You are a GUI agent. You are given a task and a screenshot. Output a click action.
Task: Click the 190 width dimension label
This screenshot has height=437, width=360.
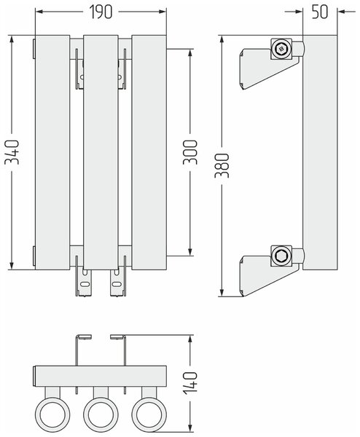[101, 12]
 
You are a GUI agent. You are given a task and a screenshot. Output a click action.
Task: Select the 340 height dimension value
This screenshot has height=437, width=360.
[12, 152]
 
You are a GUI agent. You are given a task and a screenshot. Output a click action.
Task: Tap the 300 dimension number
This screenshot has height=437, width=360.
[190, 152]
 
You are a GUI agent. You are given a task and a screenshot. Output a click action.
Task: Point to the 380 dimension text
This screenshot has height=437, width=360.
[222, 165]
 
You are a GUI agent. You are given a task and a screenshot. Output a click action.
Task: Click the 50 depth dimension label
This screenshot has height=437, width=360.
[320, 12]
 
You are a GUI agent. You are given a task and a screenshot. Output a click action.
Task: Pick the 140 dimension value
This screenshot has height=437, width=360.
[190, 382]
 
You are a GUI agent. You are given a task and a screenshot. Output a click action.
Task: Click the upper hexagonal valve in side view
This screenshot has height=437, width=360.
[281, 49]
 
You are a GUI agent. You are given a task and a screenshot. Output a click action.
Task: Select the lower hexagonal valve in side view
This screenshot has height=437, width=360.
[281, 256]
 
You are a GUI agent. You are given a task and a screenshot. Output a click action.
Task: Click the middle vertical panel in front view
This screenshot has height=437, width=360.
[101, 152]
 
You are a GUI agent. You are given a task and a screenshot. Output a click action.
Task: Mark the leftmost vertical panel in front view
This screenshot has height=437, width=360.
[52, 152]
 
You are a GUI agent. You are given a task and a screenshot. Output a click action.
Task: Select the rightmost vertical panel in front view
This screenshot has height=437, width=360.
[149, 152]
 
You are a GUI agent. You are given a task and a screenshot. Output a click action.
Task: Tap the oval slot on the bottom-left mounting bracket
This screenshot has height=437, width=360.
[85, 284]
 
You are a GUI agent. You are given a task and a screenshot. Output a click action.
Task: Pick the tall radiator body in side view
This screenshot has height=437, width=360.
[320, 152]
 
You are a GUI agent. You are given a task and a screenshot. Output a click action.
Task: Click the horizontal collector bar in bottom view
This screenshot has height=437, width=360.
[101, 377]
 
